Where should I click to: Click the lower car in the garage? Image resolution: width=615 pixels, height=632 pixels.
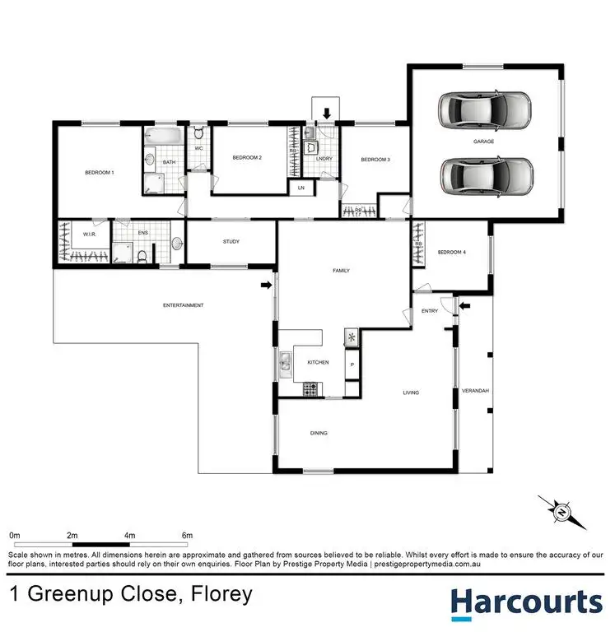[x=486, y=174]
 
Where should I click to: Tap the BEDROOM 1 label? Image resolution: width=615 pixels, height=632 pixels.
[x=100, y=173]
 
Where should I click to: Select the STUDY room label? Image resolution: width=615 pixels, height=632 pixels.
[x=231, y=241]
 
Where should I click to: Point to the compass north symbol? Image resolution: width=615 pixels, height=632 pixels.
[x=563, y=512]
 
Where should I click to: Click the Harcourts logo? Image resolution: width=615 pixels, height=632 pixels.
[x=526, y=603]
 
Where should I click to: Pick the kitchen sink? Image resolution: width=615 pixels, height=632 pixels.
[x=284, y=363]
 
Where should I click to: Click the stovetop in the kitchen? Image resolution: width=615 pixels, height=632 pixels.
[x=311, y=386]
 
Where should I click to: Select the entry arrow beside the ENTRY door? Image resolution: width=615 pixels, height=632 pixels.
[x=464, y=306]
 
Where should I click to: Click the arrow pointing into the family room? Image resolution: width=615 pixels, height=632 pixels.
[x=266, y=286]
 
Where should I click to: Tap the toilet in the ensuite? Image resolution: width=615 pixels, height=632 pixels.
[x=142, y=257]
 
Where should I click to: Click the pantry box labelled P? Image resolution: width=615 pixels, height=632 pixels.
[x=352, y=364]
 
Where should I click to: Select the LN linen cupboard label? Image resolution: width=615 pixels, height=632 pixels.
[x=301, y=188]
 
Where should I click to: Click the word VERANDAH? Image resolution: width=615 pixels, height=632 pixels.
[x=476, y=389]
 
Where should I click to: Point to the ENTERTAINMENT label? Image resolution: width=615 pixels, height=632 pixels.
[x=184, y=305]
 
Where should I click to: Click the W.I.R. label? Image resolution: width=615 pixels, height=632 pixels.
[x=90, y=234]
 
